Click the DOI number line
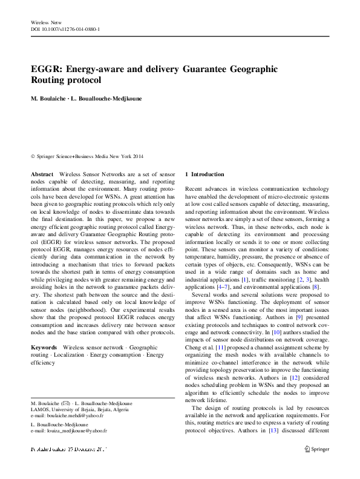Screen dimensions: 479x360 65,29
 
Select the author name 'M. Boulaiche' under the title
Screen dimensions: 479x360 50,98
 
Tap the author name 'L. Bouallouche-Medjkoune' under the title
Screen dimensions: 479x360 106,98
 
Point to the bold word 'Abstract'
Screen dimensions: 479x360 42,174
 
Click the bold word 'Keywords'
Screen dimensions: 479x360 44,348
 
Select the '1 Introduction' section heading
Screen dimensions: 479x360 205,174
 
